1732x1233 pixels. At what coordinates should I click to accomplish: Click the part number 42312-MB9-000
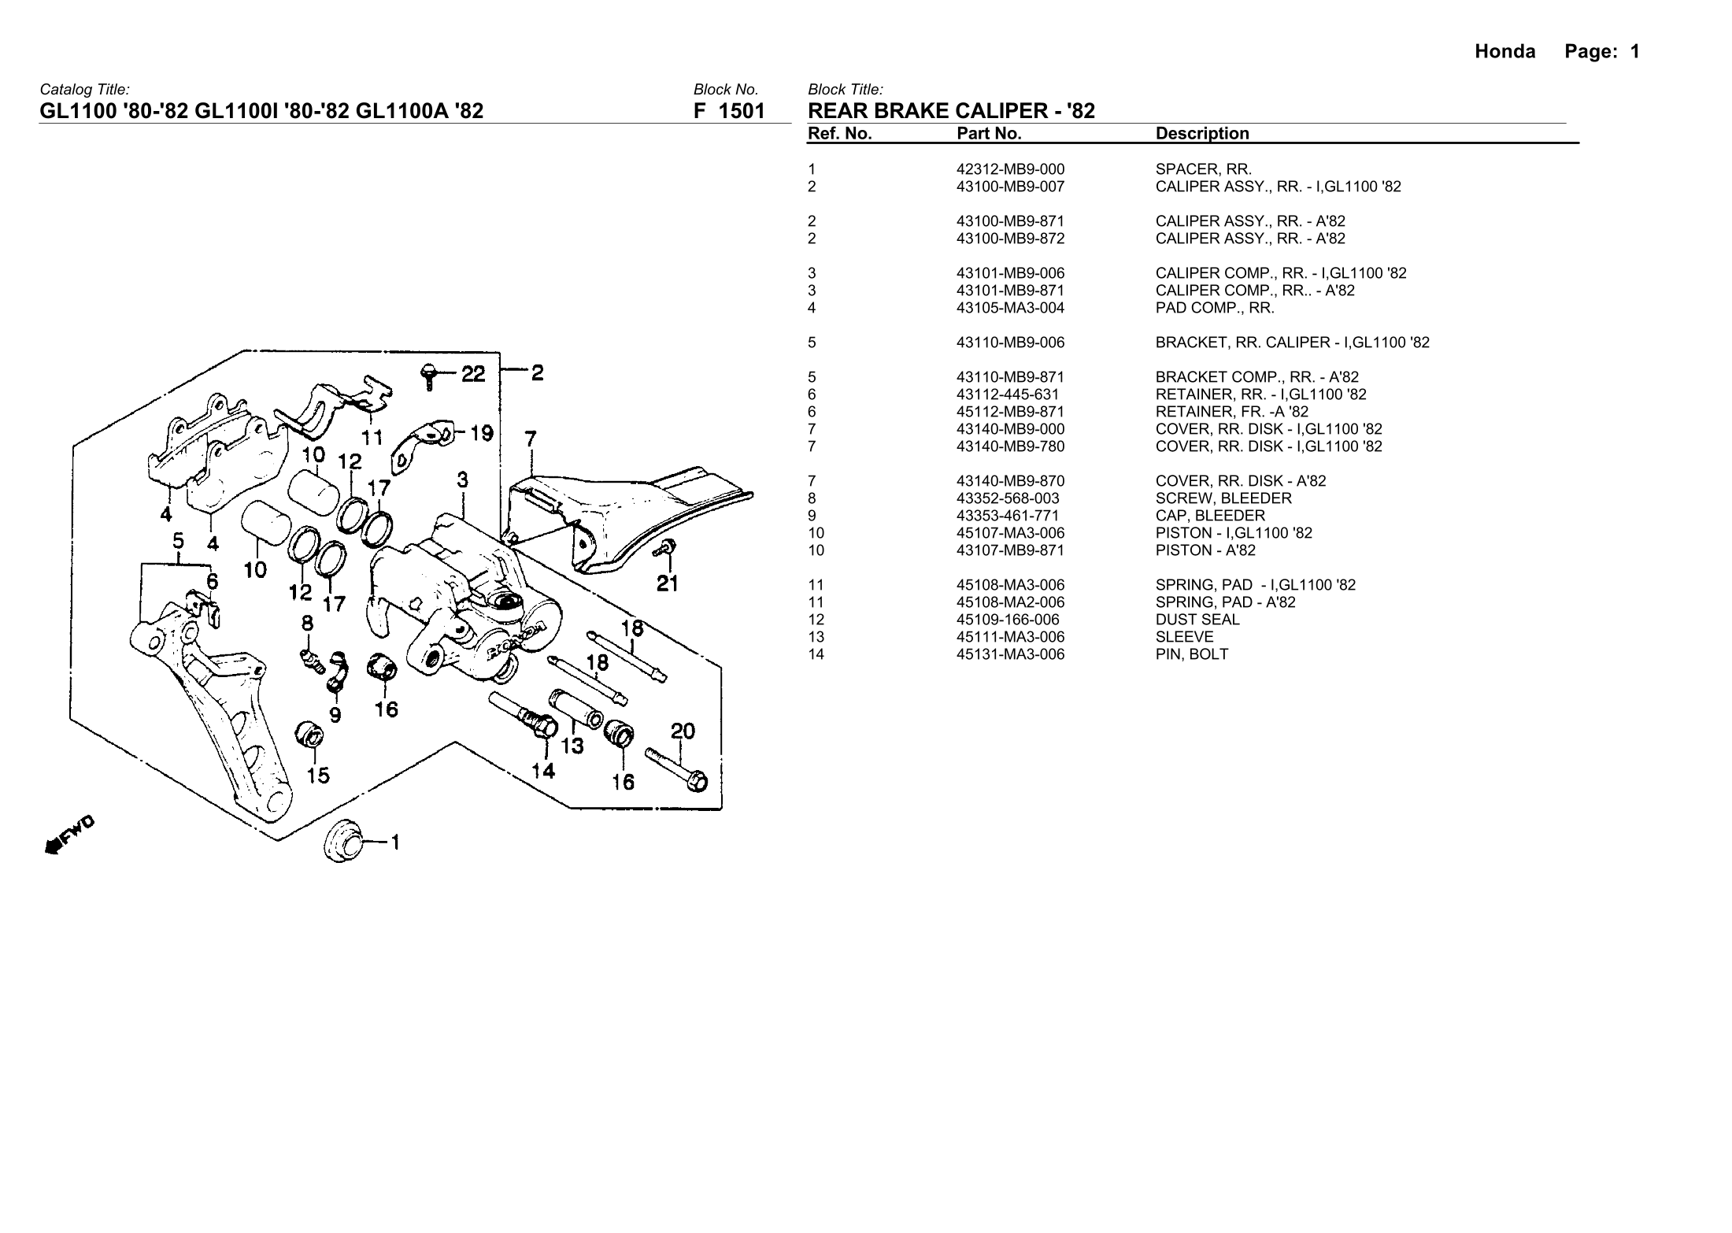(1010, 169)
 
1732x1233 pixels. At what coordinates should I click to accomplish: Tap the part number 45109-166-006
(1008, 620)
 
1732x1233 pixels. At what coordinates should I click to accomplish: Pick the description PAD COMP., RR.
(1215, 308)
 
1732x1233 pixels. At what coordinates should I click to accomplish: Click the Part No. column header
(989, 134)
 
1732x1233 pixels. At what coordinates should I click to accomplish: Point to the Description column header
(1202, 134)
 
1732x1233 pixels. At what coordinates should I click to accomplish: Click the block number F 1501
(729, 111)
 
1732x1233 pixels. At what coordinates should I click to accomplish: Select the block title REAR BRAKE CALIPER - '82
(951, 111)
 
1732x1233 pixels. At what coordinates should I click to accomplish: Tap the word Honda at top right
(1504, 52)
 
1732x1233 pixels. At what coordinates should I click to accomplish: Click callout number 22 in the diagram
(473, 374)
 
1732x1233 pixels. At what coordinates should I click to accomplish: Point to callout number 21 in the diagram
(668, 583)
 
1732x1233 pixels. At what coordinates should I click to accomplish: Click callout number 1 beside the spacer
(395, 843)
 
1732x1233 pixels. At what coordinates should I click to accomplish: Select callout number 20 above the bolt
(683, 731)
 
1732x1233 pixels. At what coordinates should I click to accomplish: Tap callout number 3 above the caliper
(463, 479)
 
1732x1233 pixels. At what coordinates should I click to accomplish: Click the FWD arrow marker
(69, 835)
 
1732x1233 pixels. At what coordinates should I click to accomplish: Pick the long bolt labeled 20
(678, 770)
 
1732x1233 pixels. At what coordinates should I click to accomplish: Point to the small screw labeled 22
(429, 376)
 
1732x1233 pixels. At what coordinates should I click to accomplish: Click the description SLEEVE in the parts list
(1184, 637)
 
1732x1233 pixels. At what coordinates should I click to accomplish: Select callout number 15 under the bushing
(318, 776)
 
